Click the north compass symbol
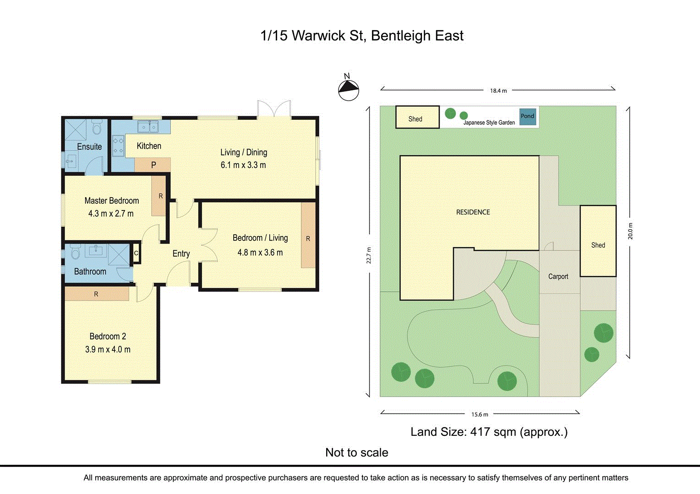349,89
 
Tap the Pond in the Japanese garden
527,116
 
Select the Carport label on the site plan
558,276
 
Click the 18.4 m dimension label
498,91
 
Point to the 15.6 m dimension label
480,414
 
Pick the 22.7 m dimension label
369,255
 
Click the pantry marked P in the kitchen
153,165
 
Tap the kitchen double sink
148,126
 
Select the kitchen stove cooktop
118,145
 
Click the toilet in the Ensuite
97,128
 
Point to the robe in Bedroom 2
96,294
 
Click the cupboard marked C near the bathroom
136,253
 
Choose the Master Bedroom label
111,200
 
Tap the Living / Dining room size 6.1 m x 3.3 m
243,165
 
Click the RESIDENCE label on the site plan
473,212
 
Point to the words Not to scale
356,452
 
